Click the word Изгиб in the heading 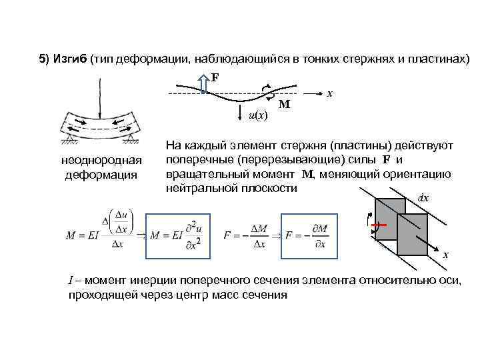[67, 59]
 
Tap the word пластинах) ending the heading [441, 59]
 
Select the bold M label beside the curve [284, 105]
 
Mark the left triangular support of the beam [68, 138]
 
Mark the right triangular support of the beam [131, 138]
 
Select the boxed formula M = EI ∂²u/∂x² [180, 235]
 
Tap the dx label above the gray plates [423, 198]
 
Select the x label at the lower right [446, 255]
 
